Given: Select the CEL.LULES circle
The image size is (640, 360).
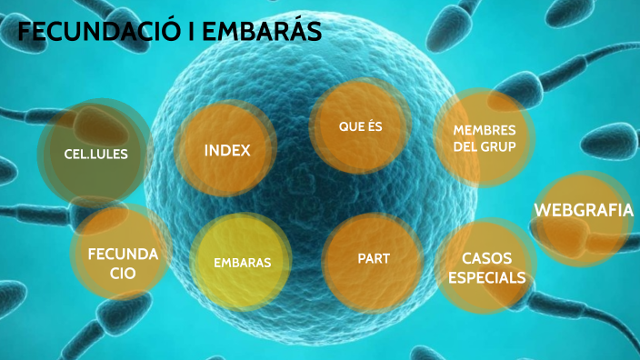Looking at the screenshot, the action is click(x=95, y=154).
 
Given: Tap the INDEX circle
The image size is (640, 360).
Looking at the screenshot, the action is click(x=226, y=150).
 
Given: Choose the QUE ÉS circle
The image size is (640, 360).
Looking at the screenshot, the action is click(x=360, y=126).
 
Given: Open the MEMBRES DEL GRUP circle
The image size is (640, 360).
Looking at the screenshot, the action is click(x=484, y=138).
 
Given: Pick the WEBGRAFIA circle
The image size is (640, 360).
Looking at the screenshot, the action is click(x=583, y=211).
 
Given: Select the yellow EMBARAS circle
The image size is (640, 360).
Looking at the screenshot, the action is click(x=242, y=263).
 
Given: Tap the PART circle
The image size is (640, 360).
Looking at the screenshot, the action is click(x=374, y=259).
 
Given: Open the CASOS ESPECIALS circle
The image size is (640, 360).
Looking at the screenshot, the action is click(x=486, y=267).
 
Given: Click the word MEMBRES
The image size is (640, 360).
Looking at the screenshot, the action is click(x=484, y=130).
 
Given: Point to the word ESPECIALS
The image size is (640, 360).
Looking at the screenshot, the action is click(x=486, y=277).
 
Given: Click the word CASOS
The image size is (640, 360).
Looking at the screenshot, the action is click(x=487, y=257).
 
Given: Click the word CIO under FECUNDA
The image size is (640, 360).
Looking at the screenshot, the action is click(x=124, y=273).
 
